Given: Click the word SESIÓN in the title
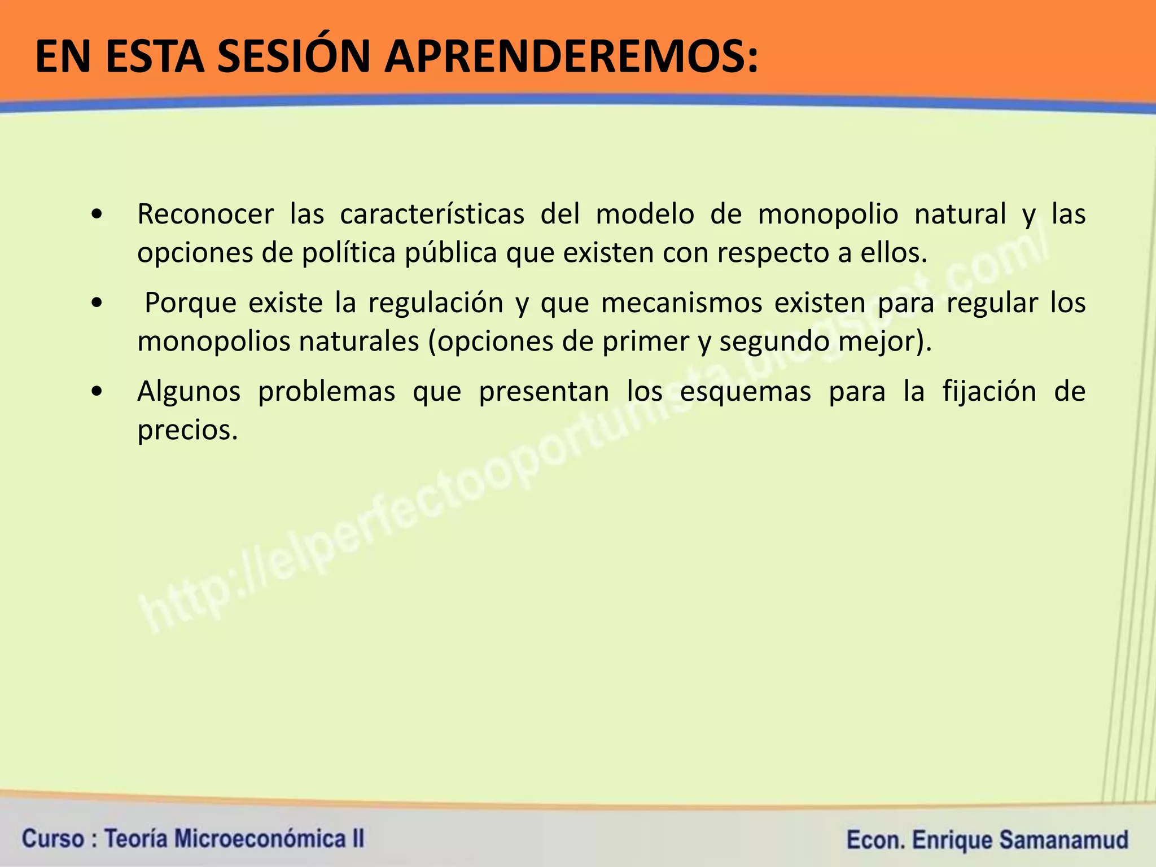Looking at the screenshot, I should (x=295, y=58).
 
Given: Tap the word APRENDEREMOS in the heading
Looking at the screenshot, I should (x=571, y=58).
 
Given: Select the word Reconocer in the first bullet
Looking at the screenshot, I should (x=205, y=214).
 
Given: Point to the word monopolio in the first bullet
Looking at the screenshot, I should (x=827, y=214).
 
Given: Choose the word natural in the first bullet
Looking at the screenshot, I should (x=960, y=214).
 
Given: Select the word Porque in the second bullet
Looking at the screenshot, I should (x=190, y=303).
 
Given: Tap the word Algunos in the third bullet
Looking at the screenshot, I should (x=189, y=392).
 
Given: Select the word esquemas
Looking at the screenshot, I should (x=746, y=392).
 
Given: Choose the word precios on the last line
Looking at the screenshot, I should (x=184, y=431).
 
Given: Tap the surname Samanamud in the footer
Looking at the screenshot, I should (x=1063, y=840).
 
